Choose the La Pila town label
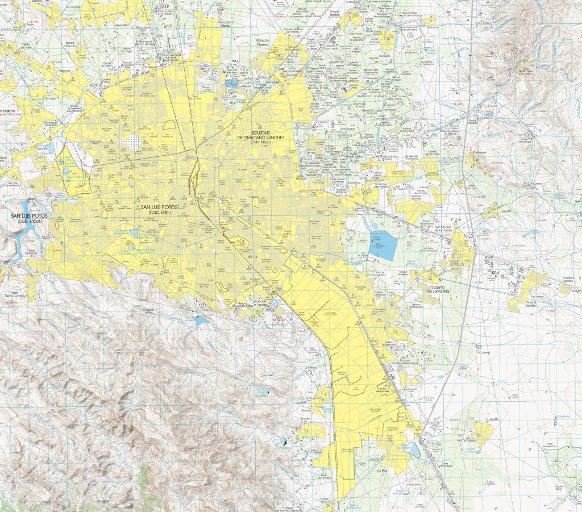coord(381,471)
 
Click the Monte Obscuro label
coord(70,44)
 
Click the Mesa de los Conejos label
coord(15,293)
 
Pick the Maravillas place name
coord(122,24)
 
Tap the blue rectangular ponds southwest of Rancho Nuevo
coord(230,83)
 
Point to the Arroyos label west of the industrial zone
coord(307,409)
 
